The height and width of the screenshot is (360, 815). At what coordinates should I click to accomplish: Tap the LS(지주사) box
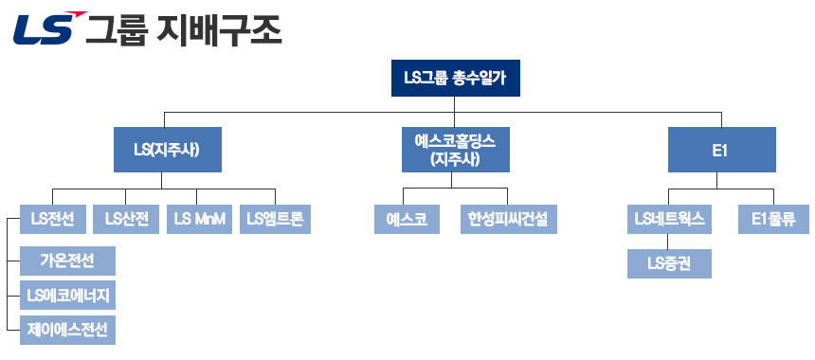point(167,150)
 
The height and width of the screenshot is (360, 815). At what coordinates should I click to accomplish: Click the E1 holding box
point(721,150)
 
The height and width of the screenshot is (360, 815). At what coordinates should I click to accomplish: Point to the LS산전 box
point(127,220)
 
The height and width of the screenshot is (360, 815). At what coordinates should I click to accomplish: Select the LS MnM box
point(199,220)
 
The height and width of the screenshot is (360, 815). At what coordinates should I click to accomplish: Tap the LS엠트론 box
point(275,220)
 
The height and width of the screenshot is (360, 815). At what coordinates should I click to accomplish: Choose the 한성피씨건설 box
point(508,220)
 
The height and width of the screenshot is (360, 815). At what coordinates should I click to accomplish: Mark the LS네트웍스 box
point(669,220)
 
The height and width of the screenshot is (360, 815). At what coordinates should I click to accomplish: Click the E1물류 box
point(772,220)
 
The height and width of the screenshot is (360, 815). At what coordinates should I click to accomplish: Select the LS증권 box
point(669,263)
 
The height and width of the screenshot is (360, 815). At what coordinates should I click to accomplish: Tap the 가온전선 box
point(68,260)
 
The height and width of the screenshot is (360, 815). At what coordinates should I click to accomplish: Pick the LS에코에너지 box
point(68,296)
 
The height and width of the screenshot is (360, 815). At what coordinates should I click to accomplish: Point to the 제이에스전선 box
point(68,331)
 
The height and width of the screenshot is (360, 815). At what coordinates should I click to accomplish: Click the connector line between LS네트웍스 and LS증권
point(669,242)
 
